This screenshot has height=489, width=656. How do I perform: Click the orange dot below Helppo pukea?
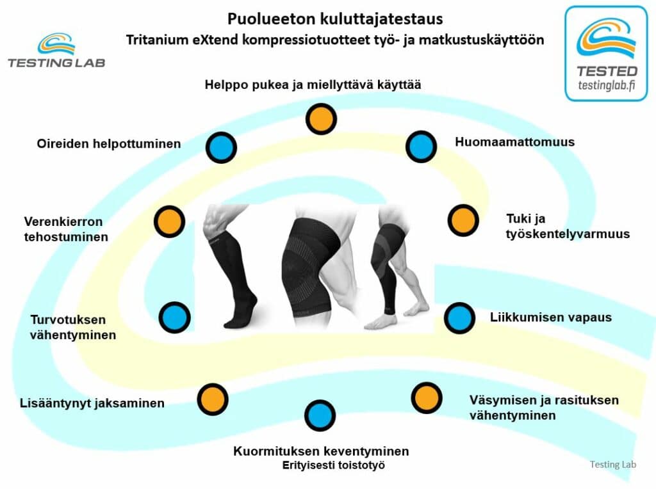tap(321, 119)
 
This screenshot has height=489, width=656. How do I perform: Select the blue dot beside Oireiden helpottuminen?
tap(221, 148)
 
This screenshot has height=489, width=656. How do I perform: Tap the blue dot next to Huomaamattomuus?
tap(421, 147)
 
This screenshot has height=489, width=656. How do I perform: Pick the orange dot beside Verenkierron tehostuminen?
tap(169, 221)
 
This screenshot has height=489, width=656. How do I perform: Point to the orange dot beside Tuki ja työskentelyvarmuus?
tap(463, 220)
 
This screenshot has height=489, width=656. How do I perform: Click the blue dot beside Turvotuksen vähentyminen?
tap(174, 317)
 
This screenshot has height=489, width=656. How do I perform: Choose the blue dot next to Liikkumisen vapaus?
tap(459, 317)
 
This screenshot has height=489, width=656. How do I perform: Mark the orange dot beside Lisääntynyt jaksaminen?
tap(213, 399)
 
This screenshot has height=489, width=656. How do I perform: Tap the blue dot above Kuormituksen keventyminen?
tap(320, 415)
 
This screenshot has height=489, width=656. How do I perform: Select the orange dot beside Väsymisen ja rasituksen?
tap(426, 398)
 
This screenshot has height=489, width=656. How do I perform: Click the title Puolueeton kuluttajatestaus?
tap(335, 19)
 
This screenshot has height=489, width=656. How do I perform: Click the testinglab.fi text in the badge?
tap(607, 86)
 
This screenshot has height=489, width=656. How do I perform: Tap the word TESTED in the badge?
tap(607, 71)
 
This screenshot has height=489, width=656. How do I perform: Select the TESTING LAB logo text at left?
tap(56, 63)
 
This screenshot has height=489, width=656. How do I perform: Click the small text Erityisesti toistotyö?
tap(333, 465)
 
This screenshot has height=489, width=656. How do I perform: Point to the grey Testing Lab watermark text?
tap(613, 464)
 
